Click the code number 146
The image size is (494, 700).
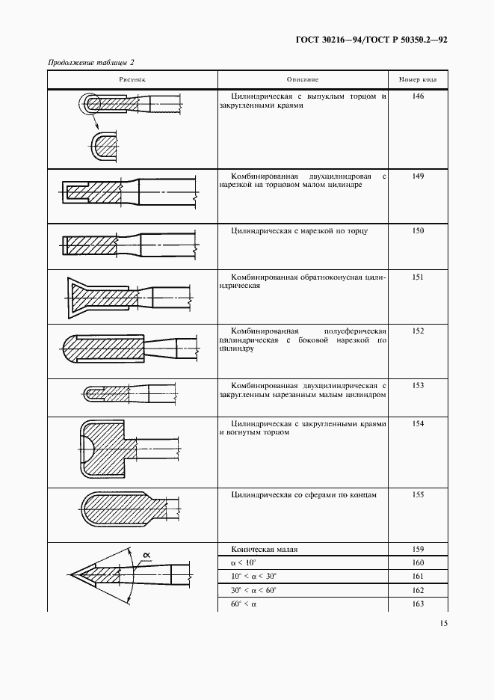[418, 97]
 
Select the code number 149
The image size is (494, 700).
[418, 176]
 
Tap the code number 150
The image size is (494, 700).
[418, 231]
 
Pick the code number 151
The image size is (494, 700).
[418, 277]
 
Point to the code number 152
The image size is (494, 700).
[418, 331]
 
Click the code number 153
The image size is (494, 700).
[418, 385]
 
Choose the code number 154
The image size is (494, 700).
[418, 424]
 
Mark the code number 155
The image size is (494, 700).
[418, 495]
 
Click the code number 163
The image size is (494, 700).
[418, 604]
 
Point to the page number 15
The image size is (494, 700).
[443, 623]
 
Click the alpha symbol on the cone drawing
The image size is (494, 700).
[146, 554]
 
